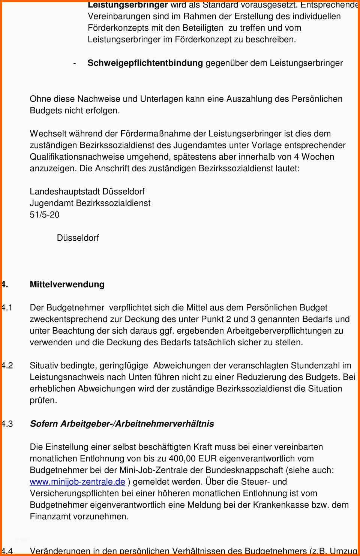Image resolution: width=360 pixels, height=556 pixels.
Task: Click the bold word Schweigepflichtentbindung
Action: point(145,63)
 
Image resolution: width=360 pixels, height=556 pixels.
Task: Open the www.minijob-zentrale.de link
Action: point(77,482)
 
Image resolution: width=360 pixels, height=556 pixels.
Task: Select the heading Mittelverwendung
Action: point(67,284)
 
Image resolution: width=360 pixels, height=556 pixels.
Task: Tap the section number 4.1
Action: point(7,308)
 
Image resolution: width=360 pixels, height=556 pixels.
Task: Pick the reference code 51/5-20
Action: point(45,215)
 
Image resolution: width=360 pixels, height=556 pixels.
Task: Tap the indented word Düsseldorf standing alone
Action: point(78,238)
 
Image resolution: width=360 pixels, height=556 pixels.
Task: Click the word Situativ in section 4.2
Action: point(44,366)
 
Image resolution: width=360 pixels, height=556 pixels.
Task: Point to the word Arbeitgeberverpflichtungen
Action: point(279,331)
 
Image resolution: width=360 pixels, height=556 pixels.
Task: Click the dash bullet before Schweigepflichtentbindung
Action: point(75,63)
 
